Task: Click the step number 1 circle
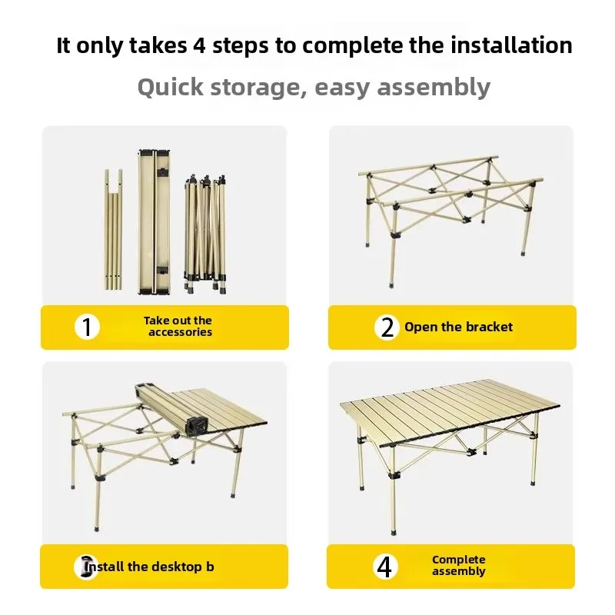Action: [x=88, y=327]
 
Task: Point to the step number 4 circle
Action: [x=387, y=567]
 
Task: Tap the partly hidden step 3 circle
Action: [x=87, y=567]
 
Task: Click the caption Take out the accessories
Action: [x=178, y=327]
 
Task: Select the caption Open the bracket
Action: [x=458, y=327]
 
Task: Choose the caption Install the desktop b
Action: [x=151, y=567]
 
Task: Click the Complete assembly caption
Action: [x=458, y=566]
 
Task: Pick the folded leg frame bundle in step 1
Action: [x=204, y=231]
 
